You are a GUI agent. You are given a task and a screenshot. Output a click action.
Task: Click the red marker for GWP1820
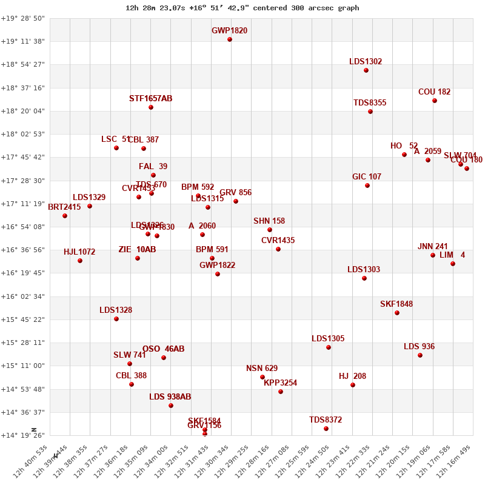230,39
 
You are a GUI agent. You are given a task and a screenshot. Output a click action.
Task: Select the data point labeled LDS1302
366,70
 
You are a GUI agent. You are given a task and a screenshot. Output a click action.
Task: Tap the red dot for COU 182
435,101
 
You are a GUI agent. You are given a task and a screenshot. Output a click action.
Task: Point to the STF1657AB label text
150,98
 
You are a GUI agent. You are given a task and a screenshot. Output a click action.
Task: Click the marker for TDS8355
370,112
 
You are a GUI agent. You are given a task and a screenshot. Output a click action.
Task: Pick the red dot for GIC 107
367,186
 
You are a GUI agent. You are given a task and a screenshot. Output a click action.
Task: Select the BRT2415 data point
65,216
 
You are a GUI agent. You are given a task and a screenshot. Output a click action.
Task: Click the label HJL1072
79,252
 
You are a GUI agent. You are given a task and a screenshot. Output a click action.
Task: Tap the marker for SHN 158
270,230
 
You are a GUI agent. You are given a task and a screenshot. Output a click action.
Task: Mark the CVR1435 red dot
278,249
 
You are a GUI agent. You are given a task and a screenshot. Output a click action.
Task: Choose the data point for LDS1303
364,278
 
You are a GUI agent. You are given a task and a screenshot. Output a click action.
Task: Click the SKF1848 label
396,304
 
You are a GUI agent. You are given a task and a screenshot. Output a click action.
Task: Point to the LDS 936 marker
420,355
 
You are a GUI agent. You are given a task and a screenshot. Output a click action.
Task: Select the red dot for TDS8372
326,429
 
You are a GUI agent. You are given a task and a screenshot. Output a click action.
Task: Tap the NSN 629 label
262,368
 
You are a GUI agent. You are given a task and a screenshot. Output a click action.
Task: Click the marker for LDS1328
116,319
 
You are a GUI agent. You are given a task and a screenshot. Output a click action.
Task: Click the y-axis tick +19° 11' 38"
23,41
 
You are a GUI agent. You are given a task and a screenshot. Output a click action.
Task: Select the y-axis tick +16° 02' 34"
23,296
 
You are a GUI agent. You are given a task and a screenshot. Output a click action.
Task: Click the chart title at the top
242,8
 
